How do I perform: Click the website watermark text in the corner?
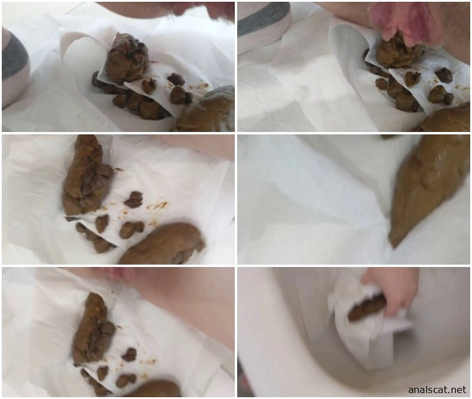[x=437, y=390]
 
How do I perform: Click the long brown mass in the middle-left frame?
[x=86, y=176]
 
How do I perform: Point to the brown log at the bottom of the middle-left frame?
[x=164, y=244]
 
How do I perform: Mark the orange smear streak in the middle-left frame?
[x=157, y=206]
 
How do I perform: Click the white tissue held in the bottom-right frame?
[x=361, y=327]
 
